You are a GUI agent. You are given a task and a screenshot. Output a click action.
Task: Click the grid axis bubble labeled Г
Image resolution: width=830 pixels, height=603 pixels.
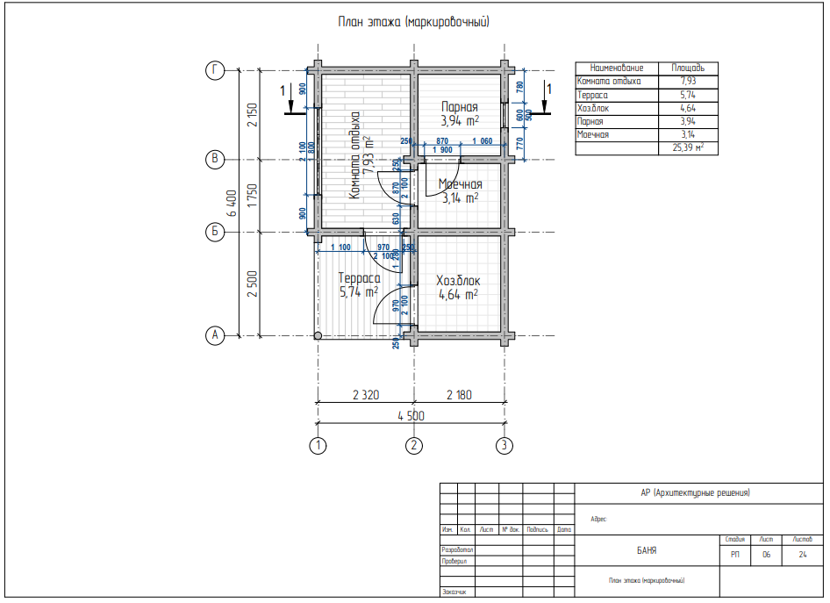(x=213, y=70)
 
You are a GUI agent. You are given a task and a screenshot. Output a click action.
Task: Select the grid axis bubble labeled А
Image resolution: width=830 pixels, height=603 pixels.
(x=213, y=335)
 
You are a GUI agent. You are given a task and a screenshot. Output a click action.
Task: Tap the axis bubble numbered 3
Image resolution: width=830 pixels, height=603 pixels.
(x=504, y=446)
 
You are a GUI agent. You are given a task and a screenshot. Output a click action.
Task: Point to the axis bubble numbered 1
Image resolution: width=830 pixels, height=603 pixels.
(x=318, y=446)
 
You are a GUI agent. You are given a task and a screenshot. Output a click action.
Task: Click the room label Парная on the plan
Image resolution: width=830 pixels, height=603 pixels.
(x=459, y=106)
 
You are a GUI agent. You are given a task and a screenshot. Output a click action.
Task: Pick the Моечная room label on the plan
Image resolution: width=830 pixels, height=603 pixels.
(x=461, y=184)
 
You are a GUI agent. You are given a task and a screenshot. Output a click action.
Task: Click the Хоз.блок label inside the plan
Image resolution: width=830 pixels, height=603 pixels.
(x=458, y=281)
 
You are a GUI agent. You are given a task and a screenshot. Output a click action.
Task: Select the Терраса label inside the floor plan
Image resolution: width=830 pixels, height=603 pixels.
(x=358, y=278)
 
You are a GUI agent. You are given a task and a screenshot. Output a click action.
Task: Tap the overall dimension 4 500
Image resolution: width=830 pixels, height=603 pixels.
(x=411, y=416)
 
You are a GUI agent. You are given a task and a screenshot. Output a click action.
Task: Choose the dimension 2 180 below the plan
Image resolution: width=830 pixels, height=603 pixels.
(x=458, y=395)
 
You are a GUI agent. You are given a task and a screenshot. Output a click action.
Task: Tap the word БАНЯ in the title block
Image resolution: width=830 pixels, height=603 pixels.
(x=647, y=551)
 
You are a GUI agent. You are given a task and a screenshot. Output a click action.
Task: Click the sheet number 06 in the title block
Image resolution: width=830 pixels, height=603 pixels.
(x=766, y=555)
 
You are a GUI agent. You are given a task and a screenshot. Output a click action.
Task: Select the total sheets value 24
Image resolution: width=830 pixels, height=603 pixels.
(x=803, y=555)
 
